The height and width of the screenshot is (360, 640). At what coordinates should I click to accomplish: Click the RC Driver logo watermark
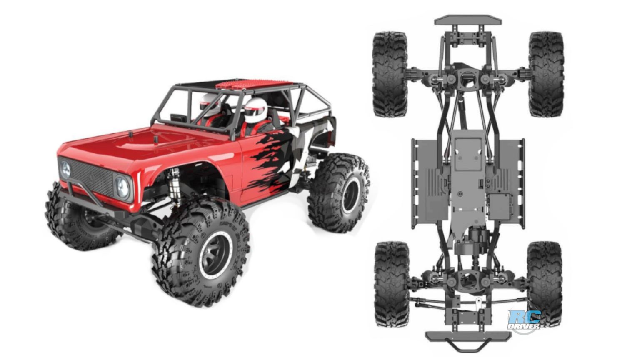(525, 320)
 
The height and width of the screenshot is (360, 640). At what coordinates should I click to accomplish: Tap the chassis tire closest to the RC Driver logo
(544, 283)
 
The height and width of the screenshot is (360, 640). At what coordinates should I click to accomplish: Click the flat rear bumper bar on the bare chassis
(468, 20)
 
